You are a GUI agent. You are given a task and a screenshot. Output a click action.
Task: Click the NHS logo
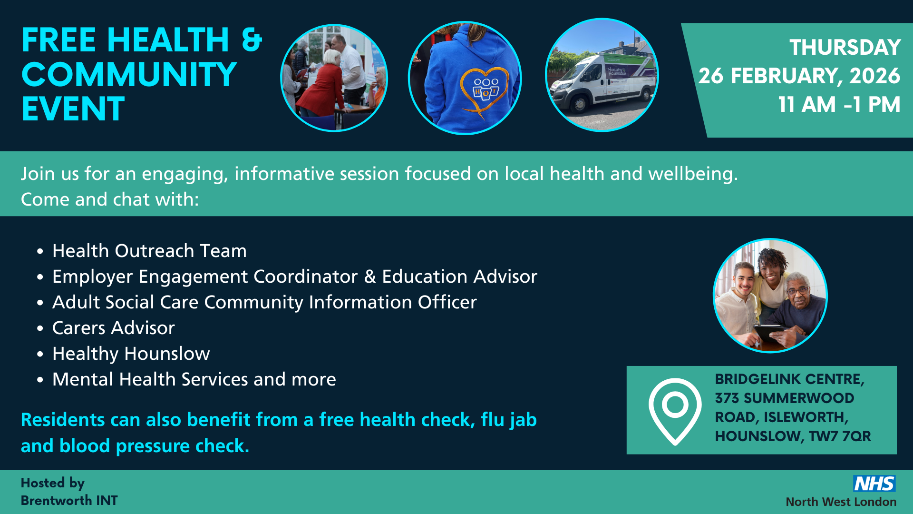[x=874, y=484]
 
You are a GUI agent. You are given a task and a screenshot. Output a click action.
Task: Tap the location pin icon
[x=675, y=410]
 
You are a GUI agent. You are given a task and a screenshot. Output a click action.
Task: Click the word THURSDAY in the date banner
[x=845, y=48]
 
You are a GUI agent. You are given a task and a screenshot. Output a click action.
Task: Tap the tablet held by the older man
[x=769, y=331]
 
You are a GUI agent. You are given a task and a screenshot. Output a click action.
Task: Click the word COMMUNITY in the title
[x=129, y=75]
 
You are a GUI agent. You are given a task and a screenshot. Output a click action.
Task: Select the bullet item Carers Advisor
[x=113, y=328]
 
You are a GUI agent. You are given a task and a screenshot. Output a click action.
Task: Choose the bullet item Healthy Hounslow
[x=131, y=354]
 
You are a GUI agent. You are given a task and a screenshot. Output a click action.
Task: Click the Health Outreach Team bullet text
[x=149, y=251]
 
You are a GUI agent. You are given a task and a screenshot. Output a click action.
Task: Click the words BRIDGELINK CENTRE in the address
[x=789, y=379]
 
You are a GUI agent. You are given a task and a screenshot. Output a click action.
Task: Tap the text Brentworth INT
[x=69, y=501]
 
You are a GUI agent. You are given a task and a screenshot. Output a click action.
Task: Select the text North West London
[x=841, y=502]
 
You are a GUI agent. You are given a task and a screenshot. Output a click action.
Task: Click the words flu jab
[x=508, y=420]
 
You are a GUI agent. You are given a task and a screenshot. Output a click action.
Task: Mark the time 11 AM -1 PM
[x=839, y=105]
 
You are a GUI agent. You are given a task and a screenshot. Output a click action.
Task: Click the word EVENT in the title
[x=73, y=109]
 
